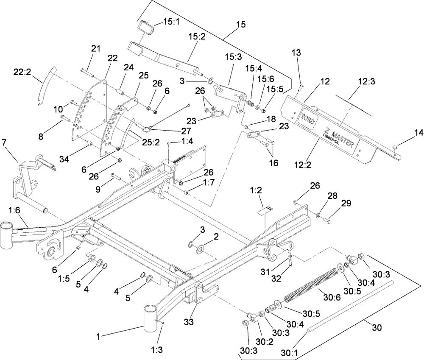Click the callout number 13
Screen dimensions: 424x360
[296, 53]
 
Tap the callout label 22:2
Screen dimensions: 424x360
[22, 72]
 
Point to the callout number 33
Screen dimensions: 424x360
[189, 322]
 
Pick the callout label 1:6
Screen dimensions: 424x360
[14, 210]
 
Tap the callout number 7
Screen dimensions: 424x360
[4, 142]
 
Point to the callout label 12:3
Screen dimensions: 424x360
[366, 81]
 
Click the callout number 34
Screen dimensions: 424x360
[64, 159]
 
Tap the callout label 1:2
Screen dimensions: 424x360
[256, 190]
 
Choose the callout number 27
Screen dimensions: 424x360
[187, 131]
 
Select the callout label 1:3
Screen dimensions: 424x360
[156, 350]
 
